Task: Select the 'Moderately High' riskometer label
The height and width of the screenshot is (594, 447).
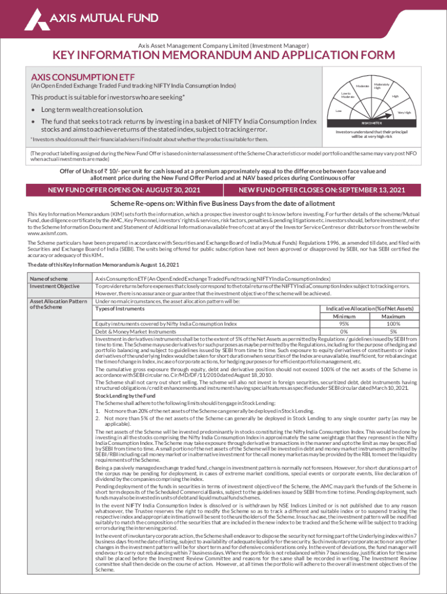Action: [x=382, y=86]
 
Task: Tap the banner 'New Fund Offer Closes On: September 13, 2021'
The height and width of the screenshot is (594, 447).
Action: [x=322, y=190]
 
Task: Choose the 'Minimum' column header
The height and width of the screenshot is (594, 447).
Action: [x=344, y=316]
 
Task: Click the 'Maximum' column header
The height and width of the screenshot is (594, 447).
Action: [x=393, y=316]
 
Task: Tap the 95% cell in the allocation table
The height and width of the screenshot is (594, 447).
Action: [x=344, y=324]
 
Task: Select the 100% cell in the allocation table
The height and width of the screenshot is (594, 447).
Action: [x=393, y=324]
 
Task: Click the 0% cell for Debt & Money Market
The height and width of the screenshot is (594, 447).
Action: [x=344, y=331]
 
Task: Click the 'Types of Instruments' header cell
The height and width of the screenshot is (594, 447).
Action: [x=120, y=309]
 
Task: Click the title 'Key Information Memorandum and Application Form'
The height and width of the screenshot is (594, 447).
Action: [x=223, y=56]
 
